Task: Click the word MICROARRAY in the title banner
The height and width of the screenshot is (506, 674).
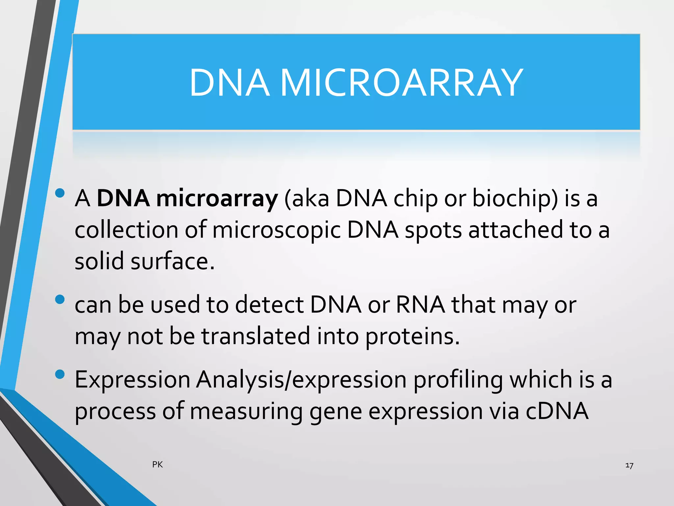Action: point(401,82)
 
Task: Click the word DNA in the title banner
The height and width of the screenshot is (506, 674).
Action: point(229,82)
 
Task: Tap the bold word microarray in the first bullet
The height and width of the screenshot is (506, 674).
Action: point(217,199)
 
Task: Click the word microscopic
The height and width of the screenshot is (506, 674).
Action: point(276,230)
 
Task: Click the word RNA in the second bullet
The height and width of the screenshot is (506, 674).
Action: point(420,305)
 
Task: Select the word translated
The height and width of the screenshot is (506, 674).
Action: point(256,336)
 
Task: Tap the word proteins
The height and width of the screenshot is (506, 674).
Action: point(412,337)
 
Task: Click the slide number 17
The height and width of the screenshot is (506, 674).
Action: point(629,465)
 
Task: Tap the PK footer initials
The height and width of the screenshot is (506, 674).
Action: point(157,464)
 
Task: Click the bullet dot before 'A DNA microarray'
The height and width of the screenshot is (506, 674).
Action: point(60,193)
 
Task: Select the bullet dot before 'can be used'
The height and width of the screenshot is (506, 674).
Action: point(60,299)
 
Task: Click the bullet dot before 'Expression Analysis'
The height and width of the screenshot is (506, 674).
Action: point(60,374)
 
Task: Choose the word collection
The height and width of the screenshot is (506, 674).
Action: point(126,230)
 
